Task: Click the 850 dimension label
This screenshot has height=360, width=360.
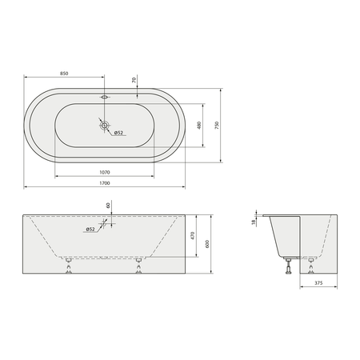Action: [64, 74]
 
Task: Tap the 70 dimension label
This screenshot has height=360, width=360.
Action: [134, 80]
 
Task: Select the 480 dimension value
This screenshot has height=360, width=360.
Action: [199, 126]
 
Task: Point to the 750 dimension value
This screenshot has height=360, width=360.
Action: [217, 126]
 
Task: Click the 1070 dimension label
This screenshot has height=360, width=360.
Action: [105, 172]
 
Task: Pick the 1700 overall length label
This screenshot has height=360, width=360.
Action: [105, 183]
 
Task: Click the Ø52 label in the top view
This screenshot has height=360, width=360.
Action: [118, 133]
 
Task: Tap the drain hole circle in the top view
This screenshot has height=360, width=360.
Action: [105, 125]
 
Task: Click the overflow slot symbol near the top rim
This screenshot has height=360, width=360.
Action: [105, 97]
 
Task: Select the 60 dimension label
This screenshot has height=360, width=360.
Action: [108, 206]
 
